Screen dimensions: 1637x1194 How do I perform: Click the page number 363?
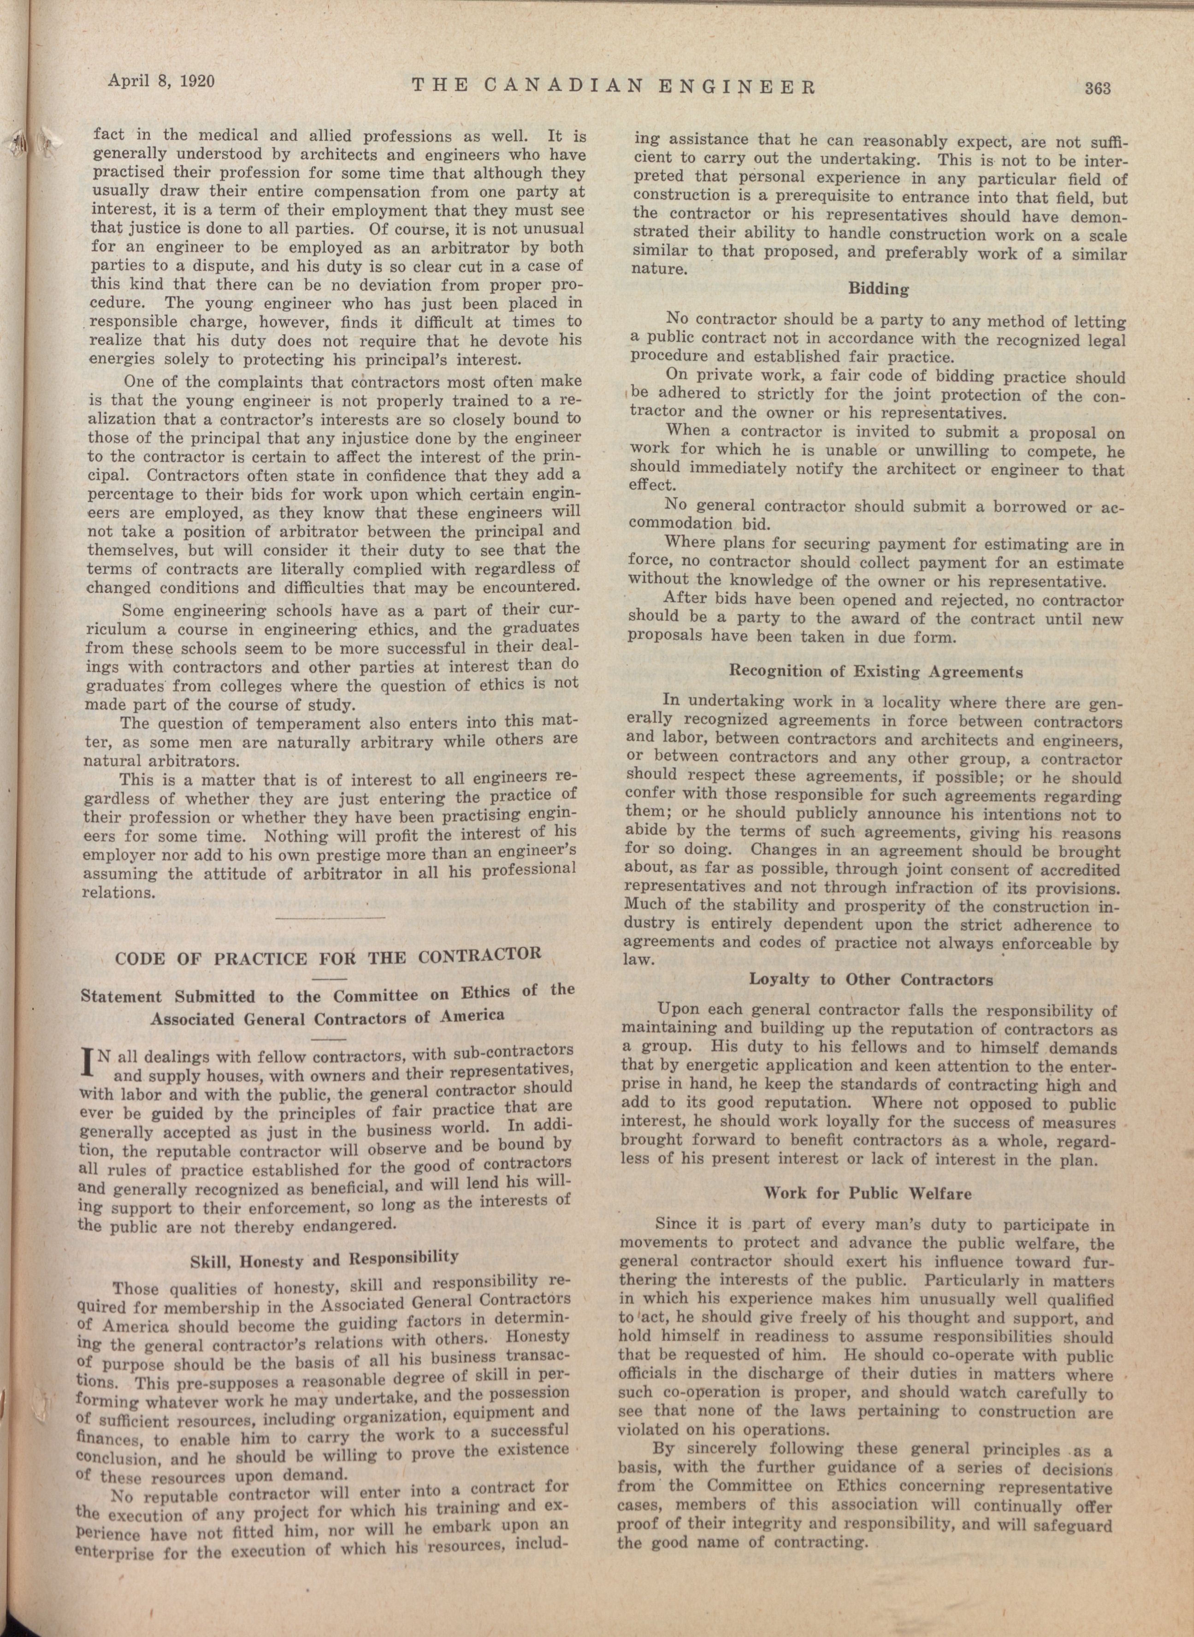click(1096, 88)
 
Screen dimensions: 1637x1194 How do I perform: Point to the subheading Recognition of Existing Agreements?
click(876, 672)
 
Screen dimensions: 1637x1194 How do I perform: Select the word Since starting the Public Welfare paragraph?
click(675, 1224)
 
